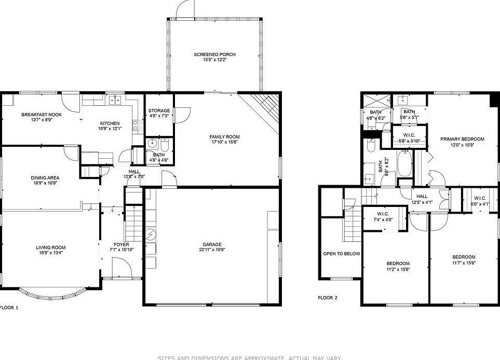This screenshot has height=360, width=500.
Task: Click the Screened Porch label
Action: pos(214,54)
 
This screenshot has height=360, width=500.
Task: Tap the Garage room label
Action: pos(212,244)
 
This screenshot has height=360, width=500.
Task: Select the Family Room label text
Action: pos(224,137)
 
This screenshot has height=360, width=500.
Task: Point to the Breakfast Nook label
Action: pos(42,114)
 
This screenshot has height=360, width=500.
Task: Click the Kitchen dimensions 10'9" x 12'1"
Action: pos(110,129)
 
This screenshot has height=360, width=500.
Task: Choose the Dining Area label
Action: pos(45,177)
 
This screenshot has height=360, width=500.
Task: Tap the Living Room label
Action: pos(51,247)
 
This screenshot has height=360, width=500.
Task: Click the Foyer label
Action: pos(121,244)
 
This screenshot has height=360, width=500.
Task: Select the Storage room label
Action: pos(159,110)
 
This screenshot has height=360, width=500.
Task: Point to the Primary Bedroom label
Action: pos(462,139)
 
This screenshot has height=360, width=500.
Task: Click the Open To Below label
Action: pos(342,254)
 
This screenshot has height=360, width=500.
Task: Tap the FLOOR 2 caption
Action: pos(328,298)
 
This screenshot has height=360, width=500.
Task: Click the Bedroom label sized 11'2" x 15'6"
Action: pos(398,263)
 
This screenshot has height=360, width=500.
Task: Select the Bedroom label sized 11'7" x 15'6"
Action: pos(463,257)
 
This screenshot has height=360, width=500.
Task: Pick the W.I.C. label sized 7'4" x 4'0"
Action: pos(383,214)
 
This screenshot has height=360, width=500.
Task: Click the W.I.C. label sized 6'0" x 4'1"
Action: pos(479,198)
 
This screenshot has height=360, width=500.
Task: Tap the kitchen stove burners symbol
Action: pos(138,124)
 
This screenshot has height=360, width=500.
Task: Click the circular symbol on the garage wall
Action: pos(150,234)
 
